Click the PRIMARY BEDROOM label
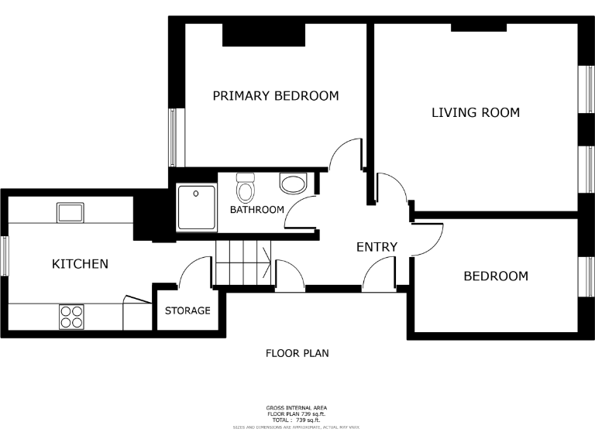[x=276, y=96]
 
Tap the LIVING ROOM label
[x=475, y=113]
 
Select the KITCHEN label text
[x=80, y=264]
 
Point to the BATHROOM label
[x=256, y=210]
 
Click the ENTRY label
[x=377, y=247]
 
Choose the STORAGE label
[x=187, y=310]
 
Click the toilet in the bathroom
[x=246, y=188]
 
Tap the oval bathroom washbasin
[x=293, y=184]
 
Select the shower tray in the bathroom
[x=197, y=208]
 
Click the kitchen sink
[x=71, y=211]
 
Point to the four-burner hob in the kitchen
[x=71, y=317]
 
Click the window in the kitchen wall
[x=4, y=256]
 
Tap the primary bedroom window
[x=174, y=137]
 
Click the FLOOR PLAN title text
[x=297, y=353]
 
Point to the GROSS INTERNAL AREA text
[x=297, y=407]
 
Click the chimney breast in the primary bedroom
[x=263, y=34]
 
